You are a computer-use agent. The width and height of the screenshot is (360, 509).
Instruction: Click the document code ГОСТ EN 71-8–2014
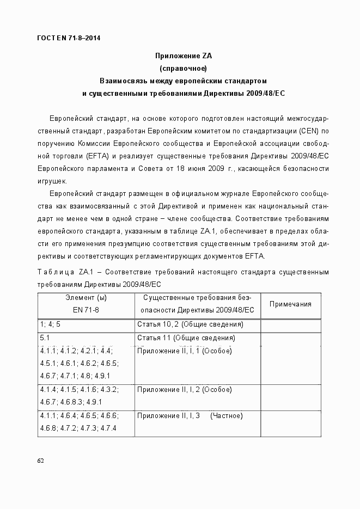tap(69, 38)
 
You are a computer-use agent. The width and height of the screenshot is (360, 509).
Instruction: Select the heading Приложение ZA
tap(183, 56)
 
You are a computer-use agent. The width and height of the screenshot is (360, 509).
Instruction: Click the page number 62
tap(40, 461)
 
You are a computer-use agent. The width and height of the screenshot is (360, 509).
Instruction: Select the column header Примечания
tap(290, 304)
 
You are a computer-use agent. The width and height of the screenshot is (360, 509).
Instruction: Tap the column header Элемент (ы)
tap(86, 298)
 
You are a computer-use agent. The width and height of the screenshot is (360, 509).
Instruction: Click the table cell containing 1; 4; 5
tap(50, 324)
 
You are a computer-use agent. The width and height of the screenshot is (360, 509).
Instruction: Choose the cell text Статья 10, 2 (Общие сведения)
tap(190, 324)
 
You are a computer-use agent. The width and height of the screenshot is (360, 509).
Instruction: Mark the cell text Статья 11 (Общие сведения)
tap(186, 338)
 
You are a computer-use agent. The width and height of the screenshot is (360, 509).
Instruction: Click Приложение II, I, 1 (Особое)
tap(185, 351)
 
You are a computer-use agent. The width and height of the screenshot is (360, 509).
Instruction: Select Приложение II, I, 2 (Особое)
tap(185, 390)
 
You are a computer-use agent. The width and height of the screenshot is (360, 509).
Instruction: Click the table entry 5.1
tap(45, 338)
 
